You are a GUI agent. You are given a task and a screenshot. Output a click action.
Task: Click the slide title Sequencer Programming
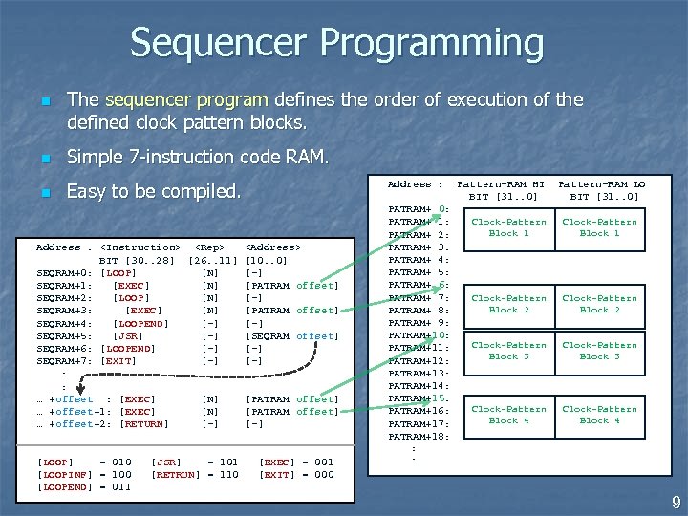tap(336, 43)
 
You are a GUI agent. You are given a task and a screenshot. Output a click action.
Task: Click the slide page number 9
tap(676, 502)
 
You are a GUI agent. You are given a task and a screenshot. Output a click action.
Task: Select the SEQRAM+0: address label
tap(64, 272)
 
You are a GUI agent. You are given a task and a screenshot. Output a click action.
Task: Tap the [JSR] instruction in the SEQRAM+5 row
tap(128, 335)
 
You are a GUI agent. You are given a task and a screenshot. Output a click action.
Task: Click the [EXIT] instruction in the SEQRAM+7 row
tap(118, 361)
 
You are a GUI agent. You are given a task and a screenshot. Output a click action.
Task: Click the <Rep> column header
tap(209, 247)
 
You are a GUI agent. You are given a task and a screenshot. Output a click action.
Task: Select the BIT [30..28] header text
tap(138, 260)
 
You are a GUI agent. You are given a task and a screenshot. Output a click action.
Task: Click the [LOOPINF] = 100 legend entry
tap(84, 474)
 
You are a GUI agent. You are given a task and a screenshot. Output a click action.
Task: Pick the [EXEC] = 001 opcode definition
tap(296, 462)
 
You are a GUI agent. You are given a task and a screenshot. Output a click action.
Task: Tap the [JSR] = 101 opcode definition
tap(195, 462)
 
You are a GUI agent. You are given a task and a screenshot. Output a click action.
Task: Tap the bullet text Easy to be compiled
tap(153, 191)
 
